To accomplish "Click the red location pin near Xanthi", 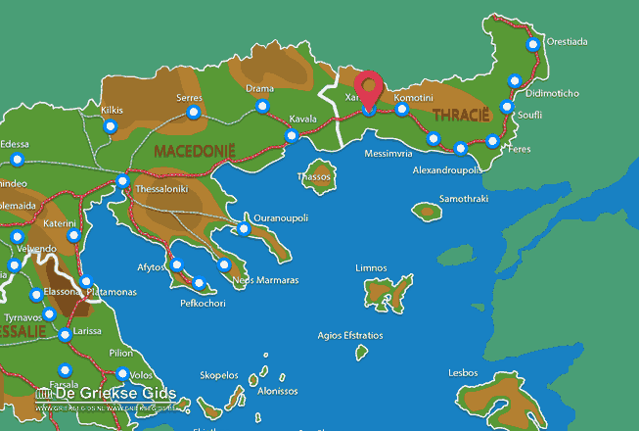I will click(369, 89).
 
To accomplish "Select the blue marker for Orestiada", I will click(532, 44).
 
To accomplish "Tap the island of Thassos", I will click(320, 175).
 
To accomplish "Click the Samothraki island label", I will click(464, 198).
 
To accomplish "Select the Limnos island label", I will click(372, 267).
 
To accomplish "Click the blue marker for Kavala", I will click(291, 135).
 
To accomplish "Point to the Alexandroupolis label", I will click(447, 169).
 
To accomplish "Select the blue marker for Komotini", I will click(401, 110).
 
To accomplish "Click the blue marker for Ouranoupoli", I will click(244, 229).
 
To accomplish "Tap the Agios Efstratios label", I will click(350, 335).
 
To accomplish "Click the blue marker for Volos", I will click(122, 373).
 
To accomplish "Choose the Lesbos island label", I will click(463, 372).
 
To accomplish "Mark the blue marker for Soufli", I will click(506, 107).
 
